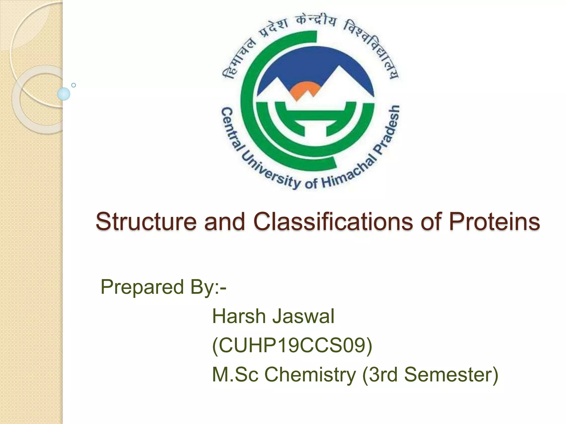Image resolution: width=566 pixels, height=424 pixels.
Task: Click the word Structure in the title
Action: [146, 221]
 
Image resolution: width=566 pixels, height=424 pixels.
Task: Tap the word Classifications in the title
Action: [333, 221]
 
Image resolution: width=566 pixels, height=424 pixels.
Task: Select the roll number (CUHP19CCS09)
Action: [292, 346]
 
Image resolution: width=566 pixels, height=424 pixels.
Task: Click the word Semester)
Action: [451, 375]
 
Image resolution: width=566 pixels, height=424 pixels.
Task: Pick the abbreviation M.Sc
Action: [235, 375]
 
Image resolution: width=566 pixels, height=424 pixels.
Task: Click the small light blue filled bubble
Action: [64, 94]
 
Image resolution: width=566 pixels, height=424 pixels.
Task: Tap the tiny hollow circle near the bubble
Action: [74, 85]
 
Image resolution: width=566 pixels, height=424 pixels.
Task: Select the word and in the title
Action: [224, 221]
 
